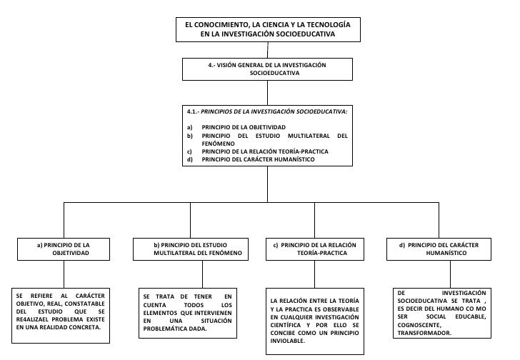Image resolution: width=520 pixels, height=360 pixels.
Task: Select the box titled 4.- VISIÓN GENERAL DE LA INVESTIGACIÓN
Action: click(268, 69)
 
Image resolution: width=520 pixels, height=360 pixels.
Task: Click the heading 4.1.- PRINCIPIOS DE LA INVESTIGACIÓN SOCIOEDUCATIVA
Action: click(266, 112)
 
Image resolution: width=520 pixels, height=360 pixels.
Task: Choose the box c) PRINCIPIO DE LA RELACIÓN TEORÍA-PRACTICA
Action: click(314, 249)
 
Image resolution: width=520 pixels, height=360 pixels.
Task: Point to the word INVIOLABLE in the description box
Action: click(288, 341)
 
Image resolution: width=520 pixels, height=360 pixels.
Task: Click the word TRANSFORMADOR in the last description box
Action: click(424, 333)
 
